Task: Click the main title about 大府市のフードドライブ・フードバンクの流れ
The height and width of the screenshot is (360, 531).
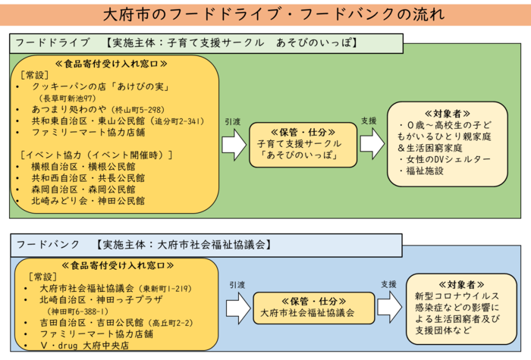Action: [265, 14]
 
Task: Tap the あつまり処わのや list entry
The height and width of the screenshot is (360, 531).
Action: [72, 109]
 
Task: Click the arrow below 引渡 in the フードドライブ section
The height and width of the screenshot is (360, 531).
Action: [233, 144]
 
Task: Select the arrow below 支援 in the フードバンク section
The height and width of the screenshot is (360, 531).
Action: [388, 306]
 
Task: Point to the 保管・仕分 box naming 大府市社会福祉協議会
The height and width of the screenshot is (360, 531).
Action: [313, 307]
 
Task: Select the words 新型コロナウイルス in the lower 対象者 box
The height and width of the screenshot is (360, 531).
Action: [457, 296]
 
